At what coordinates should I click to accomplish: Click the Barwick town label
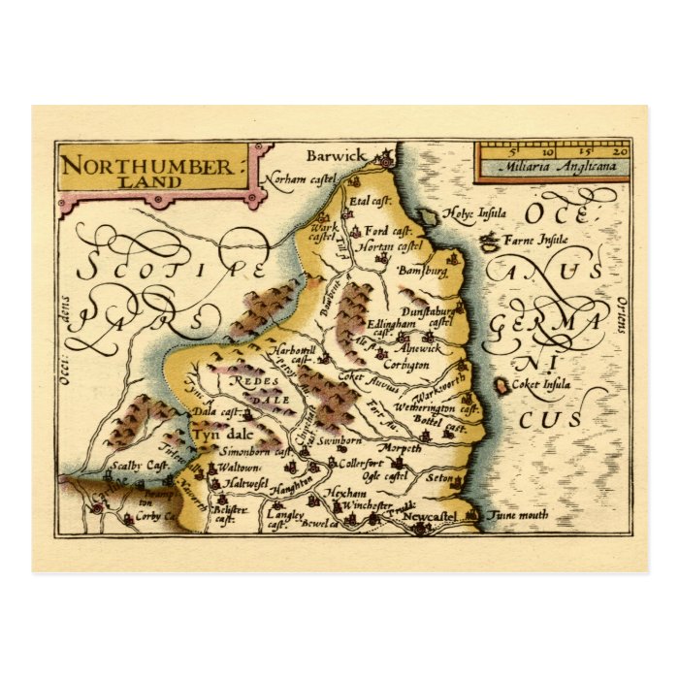tap(336, 155)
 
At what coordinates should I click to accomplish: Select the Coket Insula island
tap(501, 388)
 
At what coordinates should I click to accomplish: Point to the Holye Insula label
tap(469, 214)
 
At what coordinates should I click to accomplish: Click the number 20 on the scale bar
tap(619, 151)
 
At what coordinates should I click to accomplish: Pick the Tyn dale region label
tap(219, 436)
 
